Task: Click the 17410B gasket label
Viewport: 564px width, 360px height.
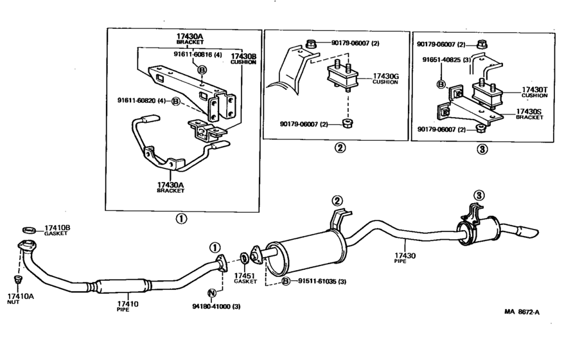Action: (x=57, y=231)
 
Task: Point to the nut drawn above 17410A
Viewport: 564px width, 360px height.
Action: (x=18, y=279)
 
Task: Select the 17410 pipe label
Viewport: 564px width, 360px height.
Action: (x=128, y=306)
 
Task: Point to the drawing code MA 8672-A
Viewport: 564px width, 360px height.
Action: (x=522, y=312)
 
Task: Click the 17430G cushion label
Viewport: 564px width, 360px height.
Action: (x=385, y=80)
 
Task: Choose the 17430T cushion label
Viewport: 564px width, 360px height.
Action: (x=534, y=92)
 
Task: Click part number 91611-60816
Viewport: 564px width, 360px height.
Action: (x=200, y=55)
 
